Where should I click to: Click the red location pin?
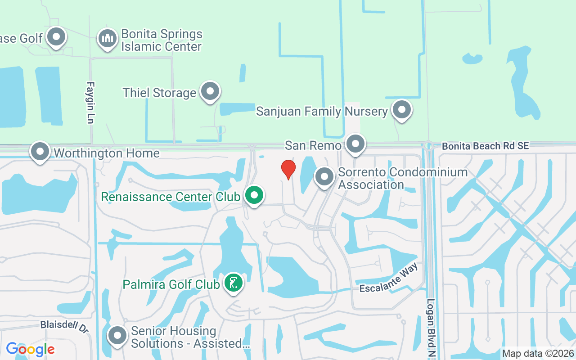[288, 169]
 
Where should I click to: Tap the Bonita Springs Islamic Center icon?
[108, 39]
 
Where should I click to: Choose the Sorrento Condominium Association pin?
[324, 177]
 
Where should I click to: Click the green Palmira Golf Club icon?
[233, 283]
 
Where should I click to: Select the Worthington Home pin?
[40, 152]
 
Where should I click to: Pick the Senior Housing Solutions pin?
[117, 335]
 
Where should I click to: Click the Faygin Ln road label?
[90, 102]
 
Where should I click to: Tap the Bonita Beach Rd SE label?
[485, 146]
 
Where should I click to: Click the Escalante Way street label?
[389, 278]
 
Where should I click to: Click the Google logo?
[30, 349]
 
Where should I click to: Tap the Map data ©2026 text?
[538, 353]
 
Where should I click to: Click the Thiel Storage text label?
[159, 93]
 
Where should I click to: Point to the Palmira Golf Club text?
[171, 284]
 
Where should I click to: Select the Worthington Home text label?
[107, 153]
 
